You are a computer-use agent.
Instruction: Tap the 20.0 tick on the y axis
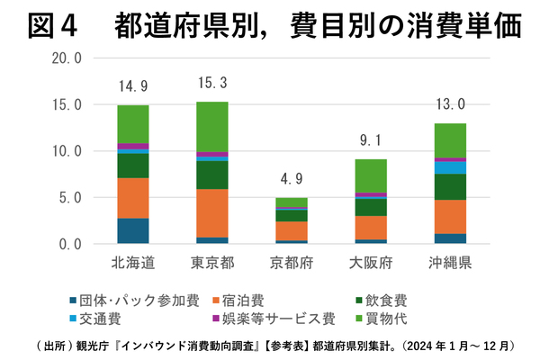click(67, 58)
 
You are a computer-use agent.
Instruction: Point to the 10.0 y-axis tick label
click(67, 151)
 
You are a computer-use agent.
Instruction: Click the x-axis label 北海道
click(132, 263)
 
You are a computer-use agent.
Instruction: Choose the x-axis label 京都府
click(292, 263)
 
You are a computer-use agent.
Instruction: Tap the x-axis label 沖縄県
click(450, 263)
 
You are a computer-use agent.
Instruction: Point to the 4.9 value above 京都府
click(292, 180)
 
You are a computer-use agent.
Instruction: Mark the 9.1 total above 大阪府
click(371, 141)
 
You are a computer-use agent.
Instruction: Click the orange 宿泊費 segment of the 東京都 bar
click(212, 212)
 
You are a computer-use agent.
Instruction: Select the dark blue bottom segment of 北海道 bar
click(133, 230)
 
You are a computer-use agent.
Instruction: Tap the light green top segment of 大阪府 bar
click(371, 175)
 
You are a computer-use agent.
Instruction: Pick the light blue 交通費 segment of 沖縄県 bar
click(450, 167)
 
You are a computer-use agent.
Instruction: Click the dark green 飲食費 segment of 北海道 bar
click(133, 166)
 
